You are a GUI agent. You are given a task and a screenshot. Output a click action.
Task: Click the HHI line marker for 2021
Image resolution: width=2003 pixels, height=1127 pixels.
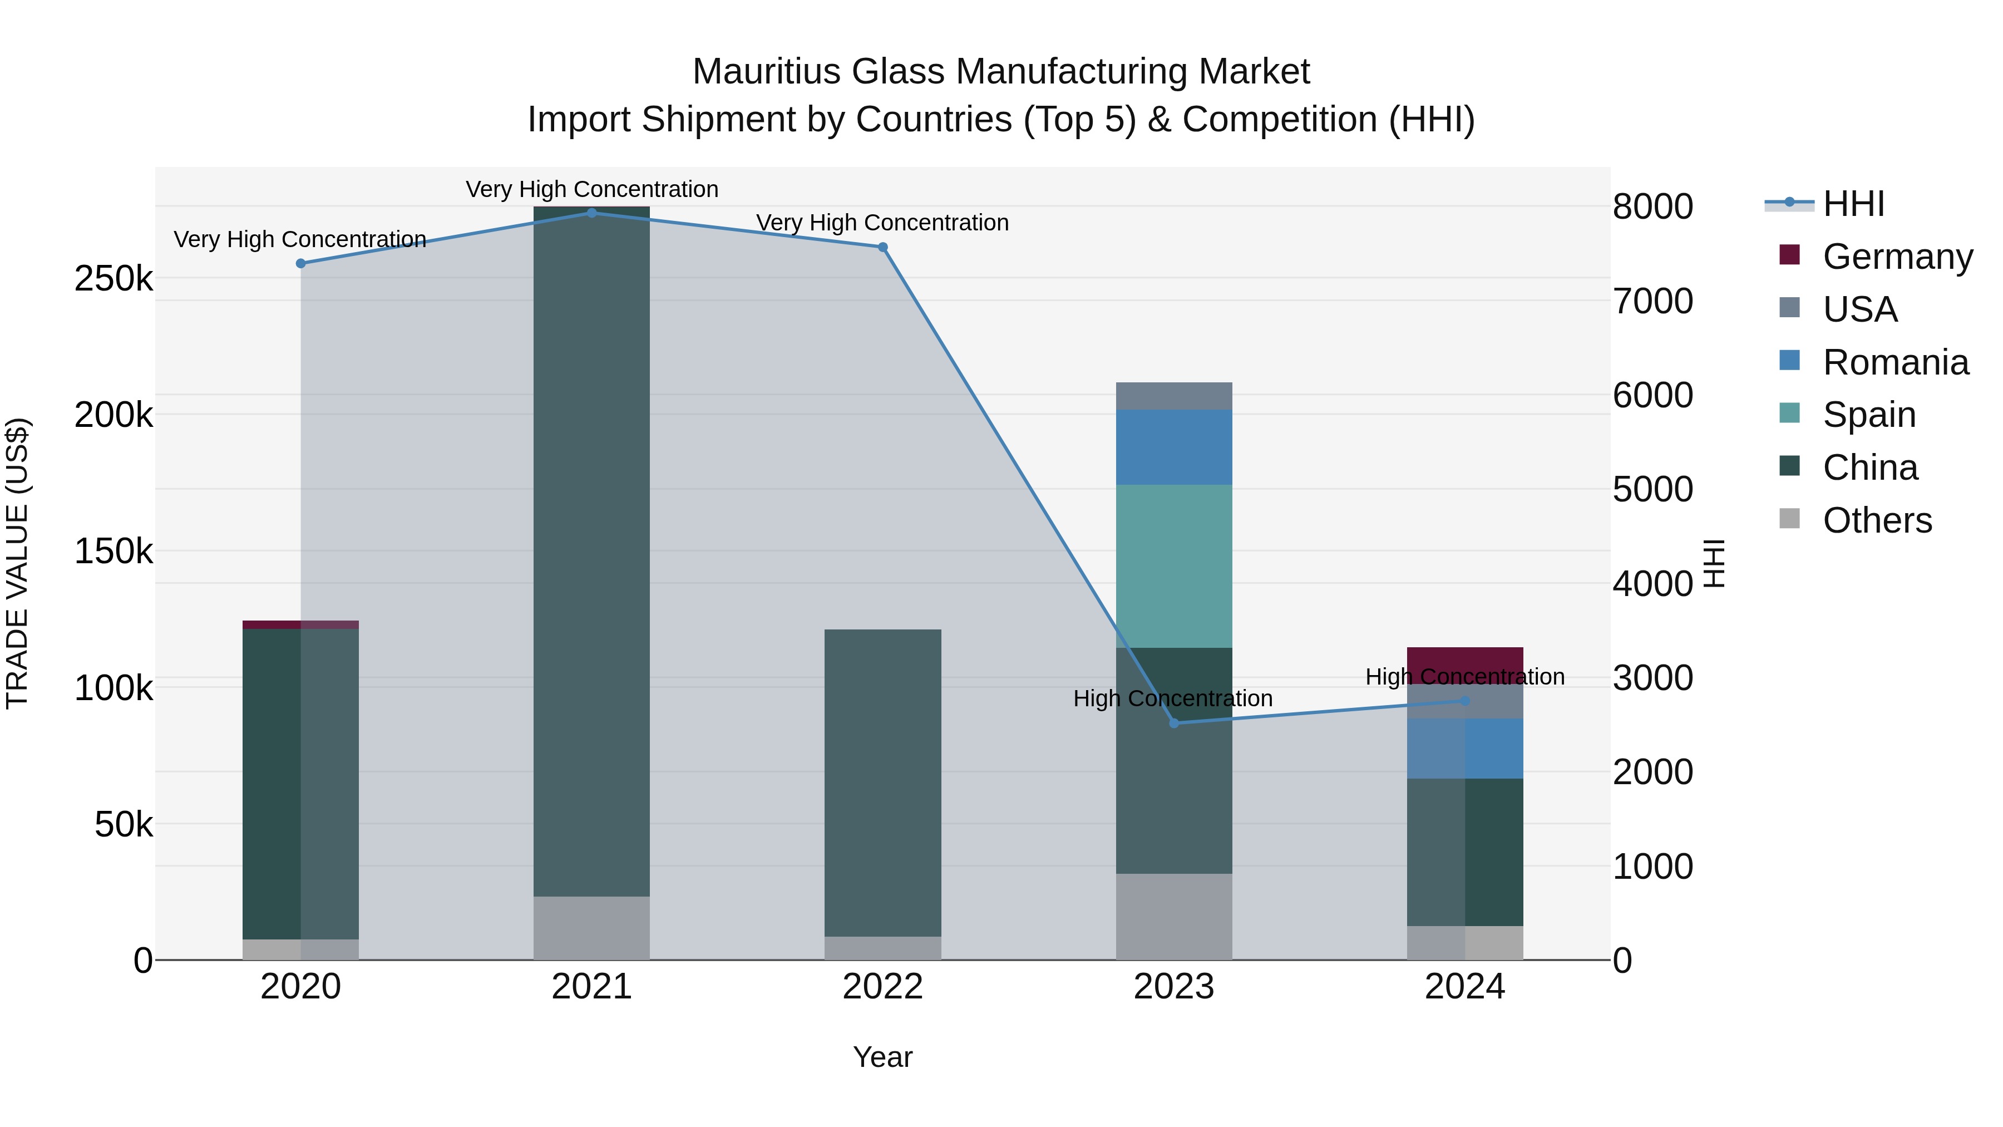coord(592,213)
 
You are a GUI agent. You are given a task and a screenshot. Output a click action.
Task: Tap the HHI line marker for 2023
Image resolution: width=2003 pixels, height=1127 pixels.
coord(1174,724)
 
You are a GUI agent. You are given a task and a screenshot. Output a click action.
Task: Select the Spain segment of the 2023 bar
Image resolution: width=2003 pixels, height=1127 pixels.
coord(1174,566)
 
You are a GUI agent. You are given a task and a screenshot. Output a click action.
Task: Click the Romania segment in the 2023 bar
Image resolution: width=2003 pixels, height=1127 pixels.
coord(1174,447)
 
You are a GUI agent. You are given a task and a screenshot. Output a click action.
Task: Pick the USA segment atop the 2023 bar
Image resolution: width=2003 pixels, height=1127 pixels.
coord(1174,396)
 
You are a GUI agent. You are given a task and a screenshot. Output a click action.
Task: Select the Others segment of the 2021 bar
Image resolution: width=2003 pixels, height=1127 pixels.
coord(592,928)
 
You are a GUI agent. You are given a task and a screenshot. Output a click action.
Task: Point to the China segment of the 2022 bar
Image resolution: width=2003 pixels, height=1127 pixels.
coord(882,782)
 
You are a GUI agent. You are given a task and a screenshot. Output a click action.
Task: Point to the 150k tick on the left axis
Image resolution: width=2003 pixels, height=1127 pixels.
coord(114,552)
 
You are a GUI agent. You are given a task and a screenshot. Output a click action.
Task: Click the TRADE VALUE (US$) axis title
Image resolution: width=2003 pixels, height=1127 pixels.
coord(18,563)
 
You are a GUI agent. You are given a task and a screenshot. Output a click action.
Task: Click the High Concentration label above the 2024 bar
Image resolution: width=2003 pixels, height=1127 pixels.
coord(1465,677)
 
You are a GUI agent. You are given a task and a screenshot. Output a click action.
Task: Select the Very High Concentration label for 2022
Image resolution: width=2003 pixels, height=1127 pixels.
coord(882,223)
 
